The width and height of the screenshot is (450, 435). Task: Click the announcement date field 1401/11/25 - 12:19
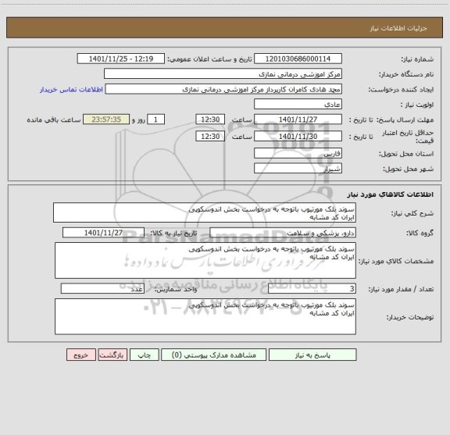123,59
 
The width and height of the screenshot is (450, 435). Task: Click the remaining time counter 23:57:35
111,119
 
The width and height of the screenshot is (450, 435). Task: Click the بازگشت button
113,355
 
